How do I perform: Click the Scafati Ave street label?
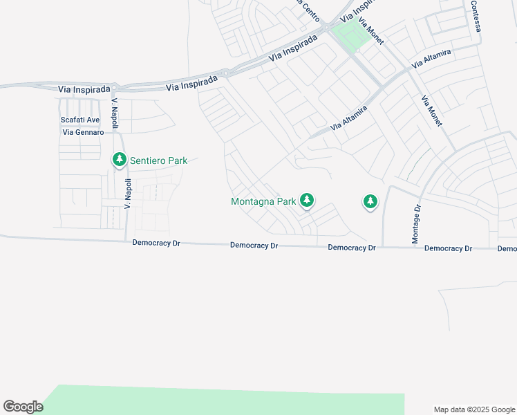tap(80, 120)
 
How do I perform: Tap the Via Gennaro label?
tap(83, 132)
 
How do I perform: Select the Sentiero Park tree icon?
tap(120, 160)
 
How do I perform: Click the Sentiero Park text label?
tap(159, 160)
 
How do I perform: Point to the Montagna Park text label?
tap(263, 201)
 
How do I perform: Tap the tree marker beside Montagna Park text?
tap(307, 201)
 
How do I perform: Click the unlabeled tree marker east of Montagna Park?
tap(370, 201)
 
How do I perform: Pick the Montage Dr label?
tap(417, 223)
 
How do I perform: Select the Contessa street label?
tap(475, 15)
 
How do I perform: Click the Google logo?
tap(23, 407)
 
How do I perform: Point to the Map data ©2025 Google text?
tap(474, 409)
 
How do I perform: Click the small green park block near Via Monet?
tap(350, 35)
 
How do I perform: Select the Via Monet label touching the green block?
tap(370, 30)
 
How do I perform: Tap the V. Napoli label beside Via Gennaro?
tap(115, 113)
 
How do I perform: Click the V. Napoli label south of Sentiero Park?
tap(128, 194)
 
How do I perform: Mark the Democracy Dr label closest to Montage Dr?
tap(448, 248)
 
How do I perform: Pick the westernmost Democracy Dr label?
tap(156, 243)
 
